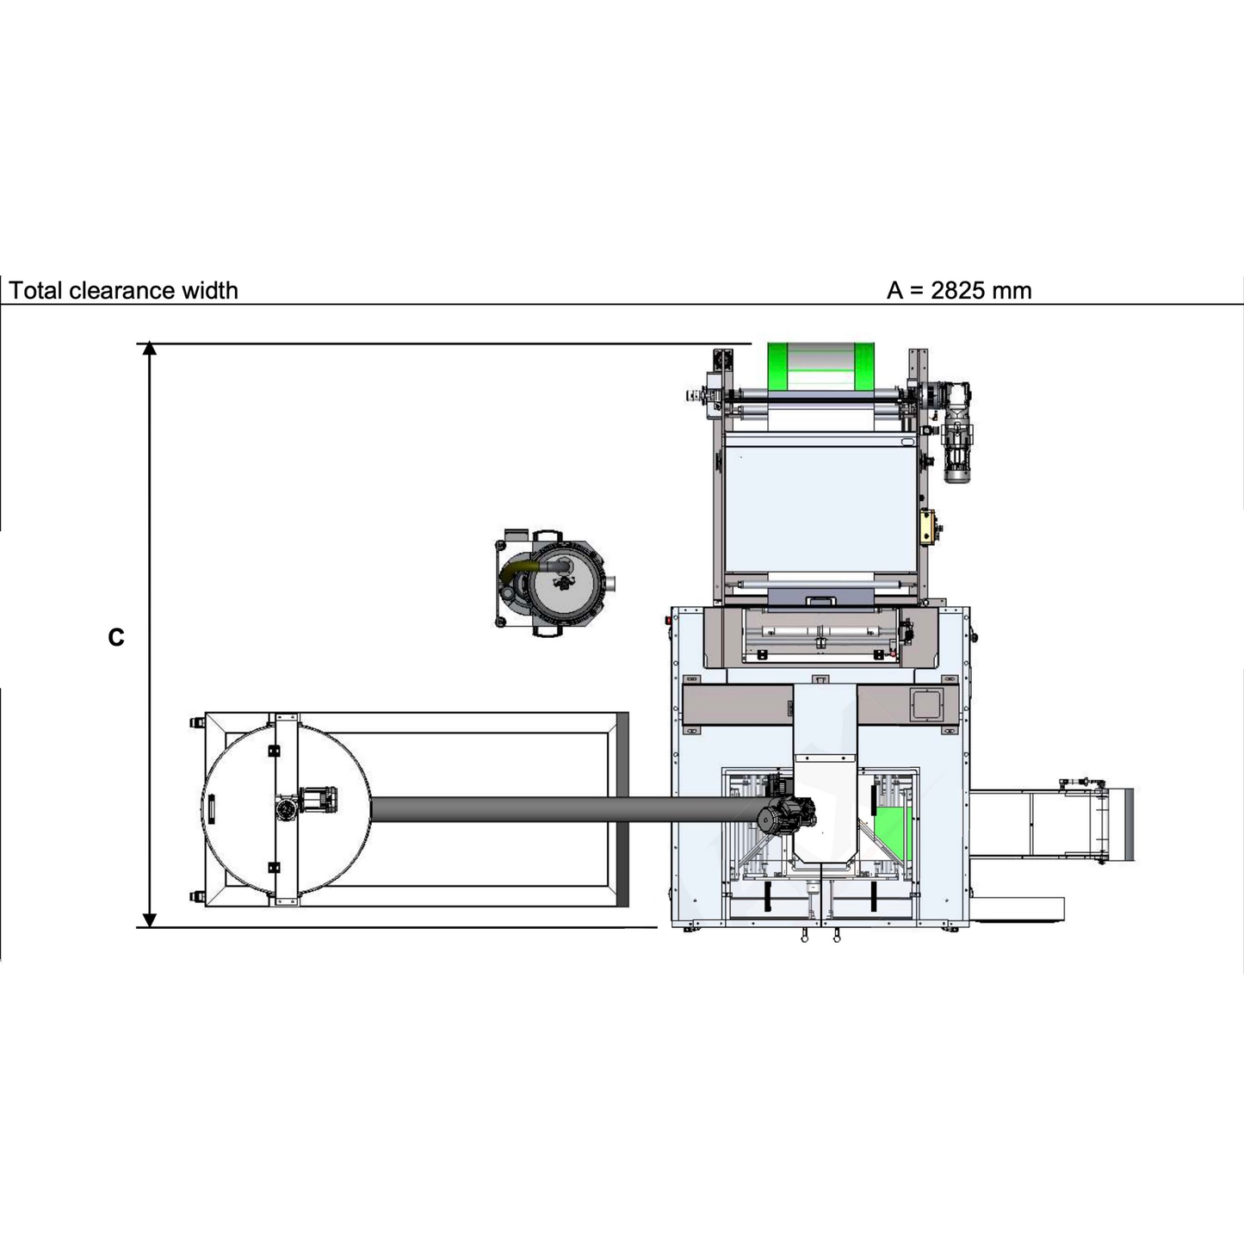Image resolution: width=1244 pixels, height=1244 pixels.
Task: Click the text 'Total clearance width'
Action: (123, 291)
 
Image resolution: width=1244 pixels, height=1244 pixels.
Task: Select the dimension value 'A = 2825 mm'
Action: (958, 291)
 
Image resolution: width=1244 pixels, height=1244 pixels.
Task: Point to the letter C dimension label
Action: (116, 637)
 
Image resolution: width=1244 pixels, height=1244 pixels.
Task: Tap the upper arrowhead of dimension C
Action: (149, 349)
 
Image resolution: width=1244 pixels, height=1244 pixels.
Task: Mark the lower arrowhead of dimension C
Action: (149, 920)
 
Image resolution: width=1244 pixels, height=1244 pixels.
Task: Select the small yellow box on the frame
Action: (927, 527)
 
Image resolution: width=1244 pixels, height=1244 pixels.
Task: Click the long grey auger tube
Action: (560, 809)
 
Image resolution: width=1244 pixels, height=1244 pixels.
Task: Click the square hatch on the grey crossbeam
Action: (926, 704)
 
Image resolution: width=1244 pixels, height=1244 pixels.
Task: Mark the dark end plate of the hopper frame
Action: (622, 809)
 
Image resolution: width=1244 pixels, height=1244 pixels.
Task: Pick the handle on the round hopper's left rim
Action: (209, 809)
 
